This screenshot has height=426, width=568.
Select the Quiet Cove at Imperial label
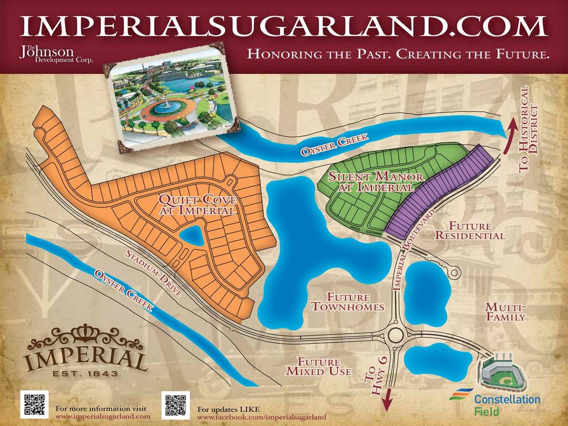(x=197, y=205)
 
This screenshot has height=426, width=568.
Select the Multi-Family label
(x=505, y=311)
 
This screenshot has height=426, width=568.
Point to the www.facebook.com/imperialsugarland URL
(x=262, y=417)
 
